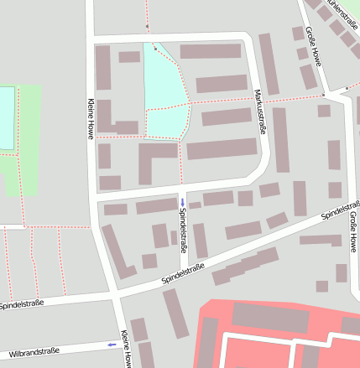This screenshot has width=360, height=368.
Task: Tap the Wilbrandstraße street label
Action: coord(29,351)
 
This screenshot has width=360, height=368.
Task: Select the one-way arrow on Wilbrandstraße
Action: coord(112,344)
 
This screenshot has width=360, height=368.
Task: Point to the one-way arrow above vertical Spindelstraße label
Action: coord(183,202)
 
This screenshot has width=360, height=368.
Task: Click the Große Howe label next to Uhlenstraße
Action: coord(314,48)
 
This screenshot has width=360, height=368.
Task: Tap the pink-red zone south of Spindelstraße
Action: coord(277,335)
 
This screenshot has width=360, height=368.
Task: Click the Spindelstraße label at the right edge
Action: coord(342,209)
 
